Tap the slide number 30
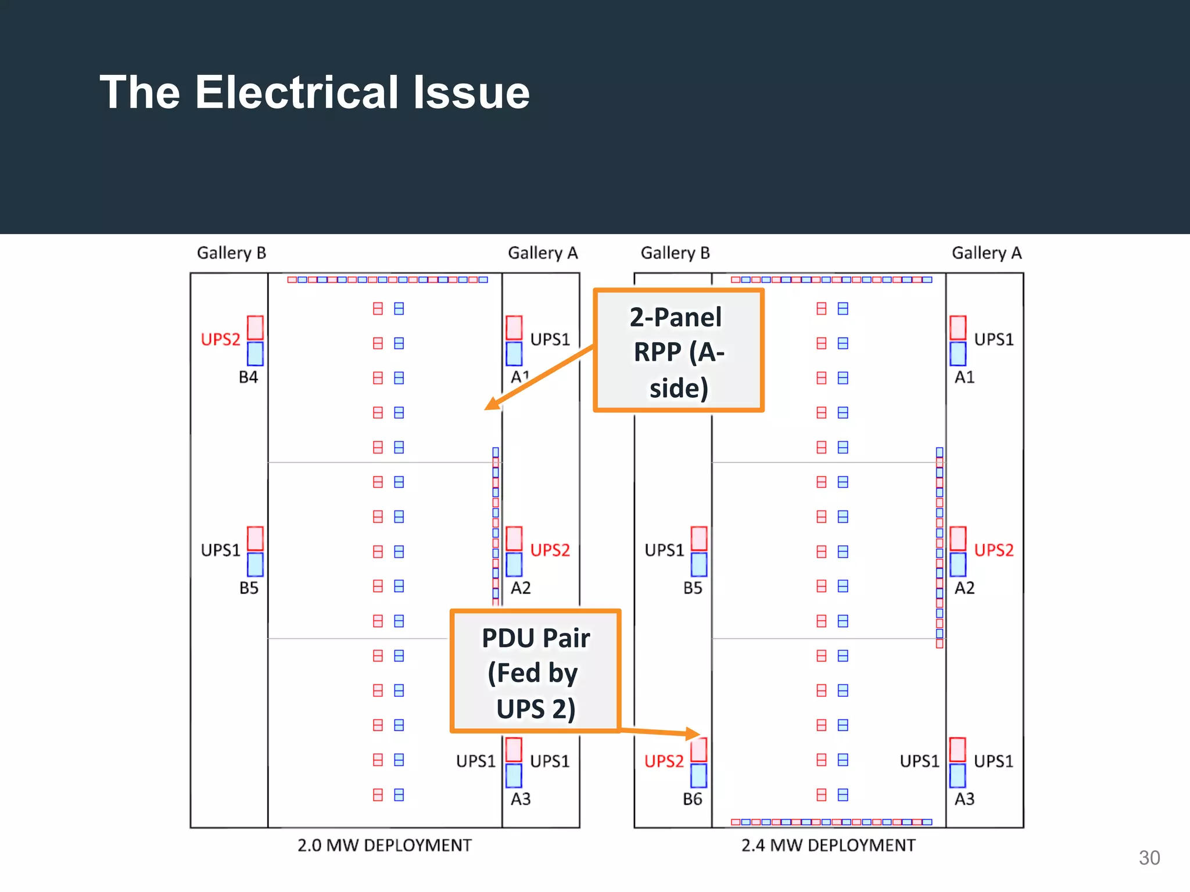(1149, 858)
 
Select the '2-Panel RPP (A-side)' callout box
(678, 351)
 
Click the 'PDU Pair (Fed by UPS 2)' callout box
(535, 672)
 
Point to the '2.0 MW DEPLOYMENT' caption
(384, 845)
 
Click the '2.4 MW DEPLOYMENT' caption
(828, 845)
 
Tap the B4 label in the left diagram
(248, 377)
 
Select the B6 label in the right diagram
(692, 799)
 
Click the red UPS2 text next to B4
(220, 339)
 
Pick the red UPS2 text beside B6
(664, 761)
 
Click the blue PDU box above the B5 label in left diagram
(255, 564)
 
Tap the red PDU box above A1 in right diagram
(958, 328)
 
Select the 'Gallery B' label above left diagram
(231, 253)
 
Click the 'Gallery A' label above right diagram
(986, 253)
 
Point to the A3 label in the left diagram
(521, 799)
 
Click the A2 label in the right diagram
(965, 588)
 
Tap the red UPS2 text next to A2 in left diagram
(550, 550)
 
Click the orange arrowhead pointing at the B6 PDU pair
(693, 733)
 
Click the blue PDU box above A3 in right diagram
(958, 776)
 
